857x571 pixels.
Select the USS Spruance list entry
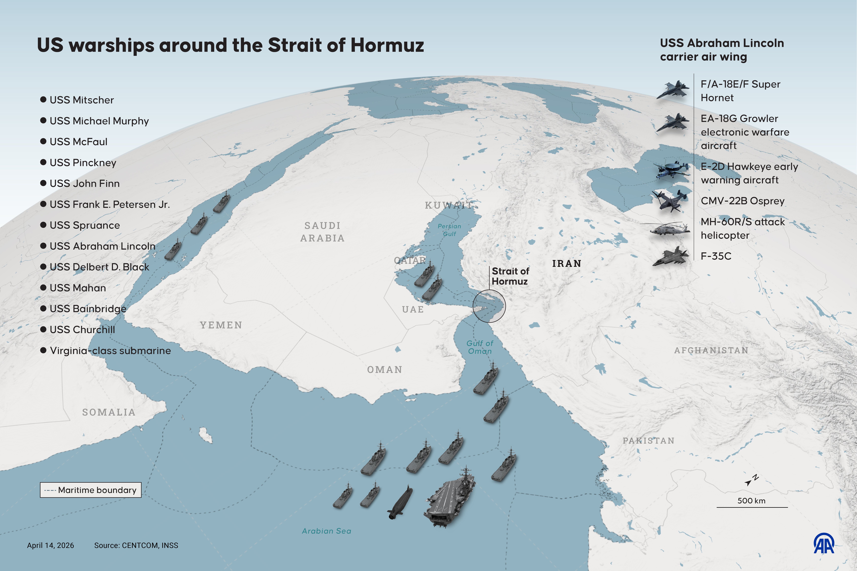[x=85, y=225]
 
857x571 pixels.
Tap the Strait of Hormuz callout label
[x=510, y=276]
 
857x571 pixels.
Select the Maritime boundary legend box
[x=90, y=490]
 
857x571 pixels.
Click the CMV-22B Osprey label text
[x=742, y=201]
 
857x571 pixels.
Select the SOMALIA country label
[x=109, y=412]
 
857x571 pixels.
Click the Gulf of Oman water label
[x=480, y=347]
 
